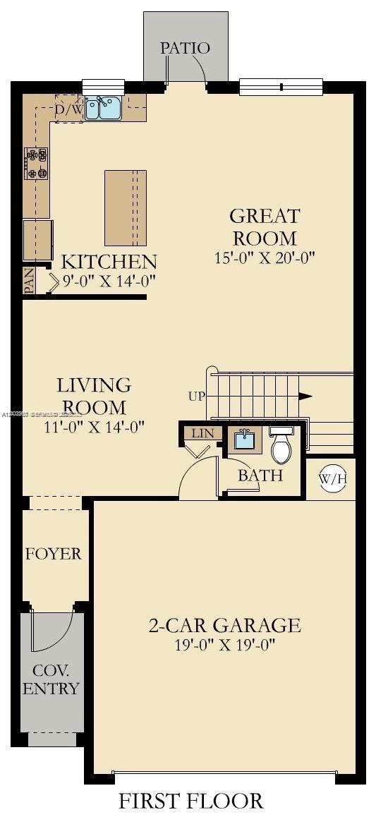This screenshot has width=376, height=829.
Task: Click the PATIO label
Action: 185,48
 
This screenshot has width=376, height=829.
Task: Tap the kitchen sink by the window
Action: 103,108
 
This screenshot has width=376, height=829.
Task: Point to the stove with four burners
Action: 36,162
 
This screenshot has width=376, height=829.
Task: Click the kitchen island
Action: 126,207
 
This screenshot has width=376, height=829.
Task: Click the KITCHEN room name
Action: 109,262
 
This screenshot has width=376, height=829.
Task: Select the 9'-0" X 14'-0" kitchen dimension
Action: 109,280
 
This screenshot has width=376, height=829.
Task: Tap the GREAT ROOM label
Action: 265,226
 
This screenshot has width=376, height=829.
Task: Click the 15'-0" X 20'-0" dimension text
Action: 265,258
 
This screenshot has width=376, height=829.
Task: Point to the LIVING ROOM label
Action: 94,396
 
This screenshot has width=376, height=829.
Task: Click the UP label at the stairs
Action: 197,396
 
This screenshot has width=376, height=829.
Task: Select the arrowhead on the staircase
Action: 305,396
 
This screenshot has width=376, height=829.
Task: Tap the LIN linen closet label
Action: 201,433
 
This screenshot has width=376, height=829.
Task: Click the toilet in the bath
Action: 281,444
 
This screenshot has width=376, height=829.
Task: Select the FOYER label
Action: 54,554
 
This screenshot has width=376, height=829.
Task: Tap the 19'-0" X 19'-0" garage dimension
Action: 224,644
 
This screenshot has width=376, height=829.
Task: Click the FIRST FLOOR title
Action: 190,801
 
